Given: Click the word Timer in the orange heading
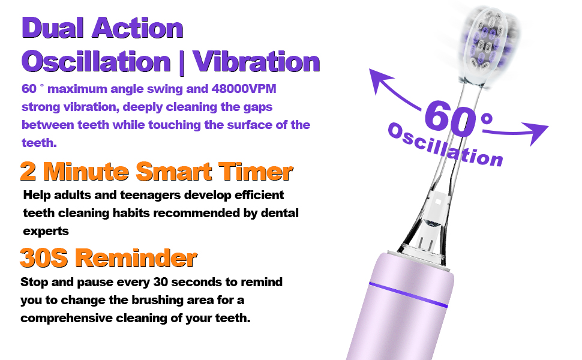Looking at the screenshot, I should pyautogui.click(x=256, y=172).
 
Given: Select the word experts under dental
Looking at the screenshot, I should pyautogui.click(x=46, y=231).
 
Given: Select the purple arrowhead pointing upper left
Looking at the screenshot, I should pyautogui.click(x=380, y=80).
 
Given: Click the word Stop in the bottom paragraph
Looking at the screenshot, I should pyautogui.click(x=34, y=282).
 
